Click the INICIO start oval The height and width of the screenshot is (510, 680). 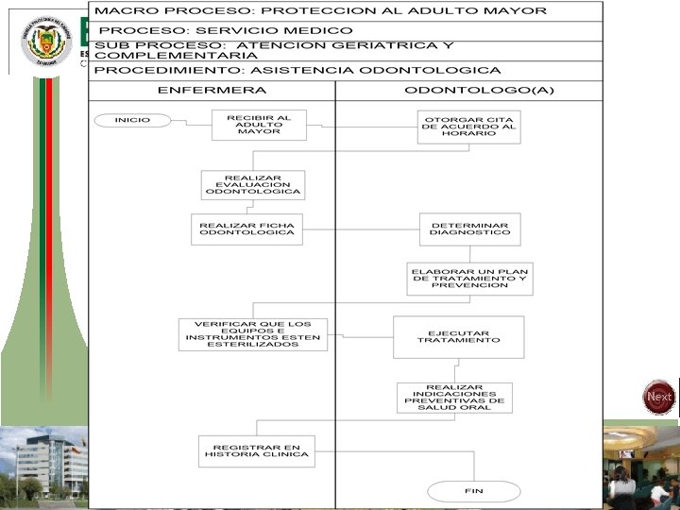click(132, 120)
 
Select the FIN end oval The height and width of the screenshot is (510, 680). click(473, 491)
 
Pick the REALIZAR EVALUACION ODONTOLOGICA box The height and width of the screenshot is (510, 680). click(252, 185)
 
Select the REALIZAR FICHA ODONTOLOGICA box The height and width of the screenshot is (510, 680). click(246, 229)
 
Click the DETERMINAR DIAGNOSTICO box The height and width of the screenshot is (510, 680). click(469, 229)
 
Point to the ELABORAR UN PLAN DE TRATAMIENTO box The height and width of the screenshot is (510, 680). click(469, 279)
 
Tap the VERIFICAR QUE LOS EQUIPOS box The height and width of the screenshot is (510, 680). click(253, 334)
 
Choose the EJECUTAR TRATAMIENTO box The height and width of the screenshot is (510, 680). click(458, 336)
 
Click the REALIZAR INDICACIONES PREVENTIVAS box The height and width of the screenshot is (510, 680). click(454, 398)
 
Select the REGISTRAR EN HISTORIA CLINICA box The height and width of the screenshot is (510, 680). click(257, 450)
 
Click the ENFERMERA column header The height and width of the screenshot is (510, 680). click(212, 91)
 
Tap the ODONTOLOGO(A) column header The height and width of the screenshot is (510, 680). click(467, 91)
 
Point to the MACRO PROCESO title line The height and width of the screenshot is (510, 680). click(321, 11)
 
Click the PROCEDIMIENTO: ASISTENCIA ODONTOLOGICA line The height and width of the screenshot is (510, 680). click(298, 71)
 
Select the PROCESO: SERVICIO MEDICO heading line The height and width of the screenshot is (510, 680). click(225, 31)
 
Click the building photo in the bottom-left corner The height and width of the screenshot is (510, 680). click(43, 465)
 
